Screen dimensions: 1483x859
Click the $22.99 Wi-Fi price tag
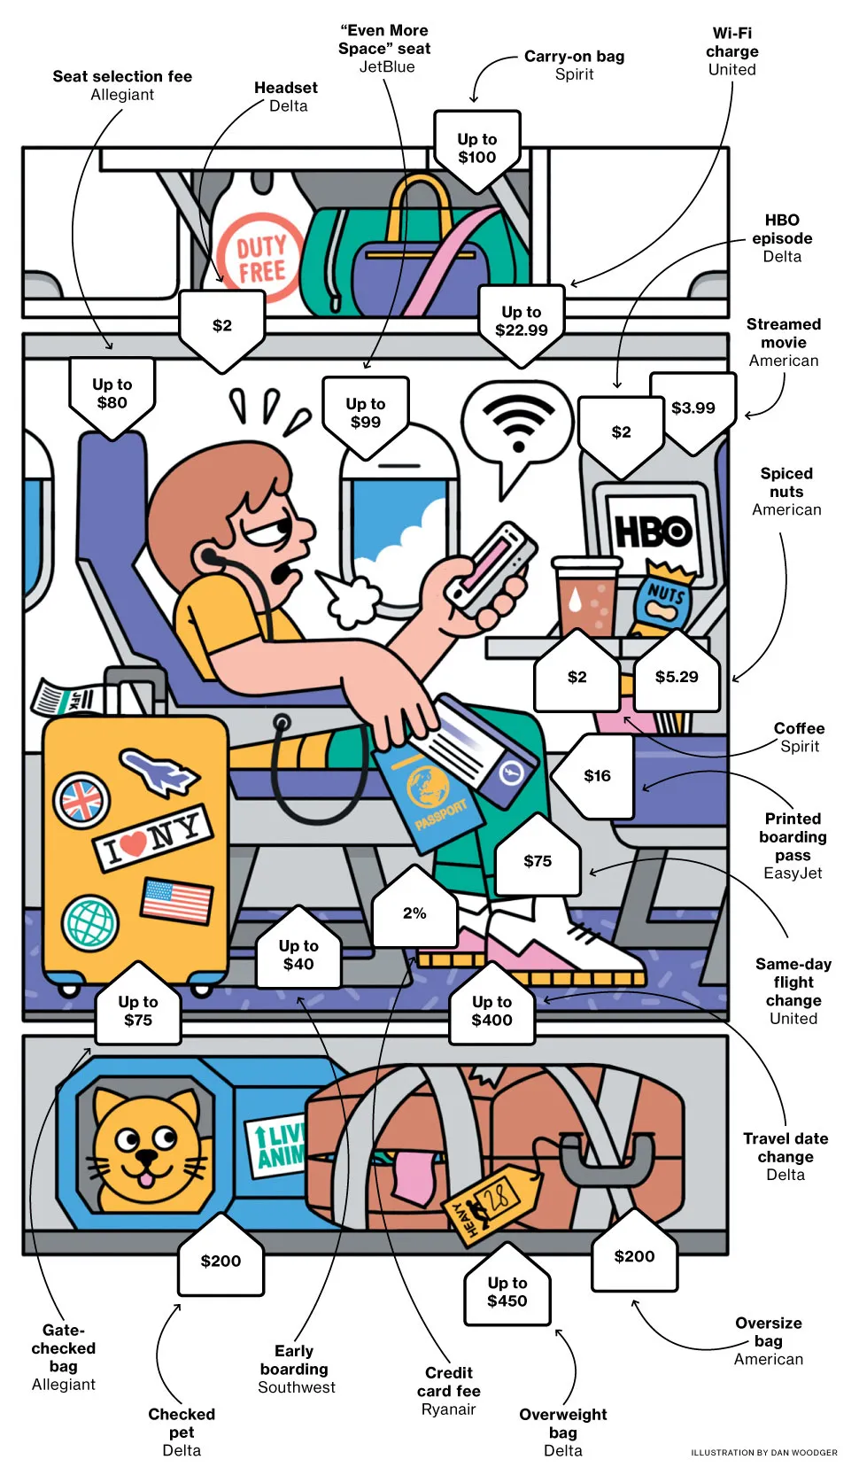coord(521,322)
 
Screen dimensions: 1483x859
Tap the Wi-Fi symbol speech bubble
coord(517,422)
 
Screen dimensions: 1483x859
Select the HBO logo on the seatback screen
coord(654,532)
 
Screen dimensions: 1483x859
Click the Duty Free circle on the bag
coord(260,258)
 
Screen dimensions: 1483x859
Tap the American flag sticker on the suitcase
coord(177,901)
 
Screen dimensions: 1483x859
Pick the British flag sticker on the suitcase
coord(81,800)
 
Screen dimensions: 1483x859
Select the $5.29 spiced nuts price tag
coord(677,677)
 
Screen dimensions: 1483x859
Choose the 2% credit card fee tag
coord(414,913)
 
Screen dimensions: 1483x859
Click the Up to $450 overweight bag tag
coord(507,1292)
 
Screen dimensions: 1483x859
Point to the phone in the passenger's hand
coord(491,567)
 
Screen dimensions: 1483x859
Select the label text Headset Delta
coord(285,97)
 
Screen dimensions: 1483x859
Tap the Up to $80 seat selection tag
coord(112,393)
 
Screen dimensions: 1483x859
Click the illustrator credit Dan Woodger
coord(763,1452)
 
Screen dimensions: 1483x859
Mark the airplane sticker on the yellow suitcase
coord(159,772)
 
